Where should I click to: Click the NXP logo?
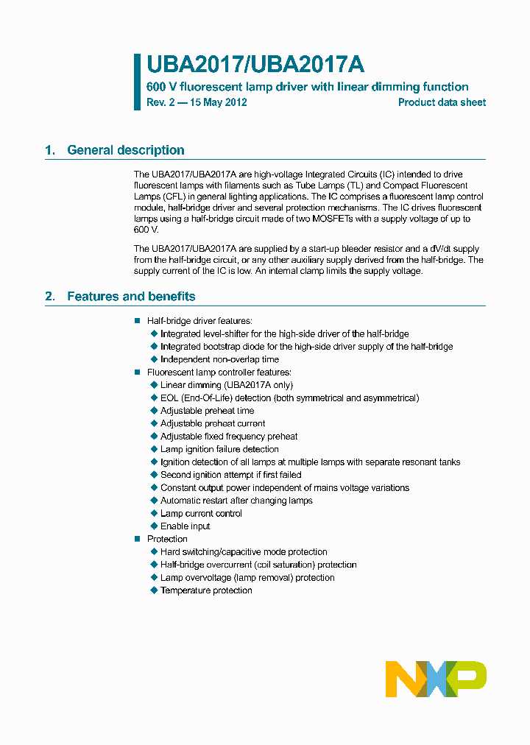436,679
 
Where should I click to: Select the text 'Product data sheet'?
442,102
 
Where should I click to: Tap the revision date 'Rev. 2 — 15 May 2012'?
197,102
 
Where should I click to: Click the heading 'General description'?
125,150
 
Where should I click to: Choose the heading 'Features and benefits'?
131,297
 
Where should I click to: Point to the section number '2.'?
50,297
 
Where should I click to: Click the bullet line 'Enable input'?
185,526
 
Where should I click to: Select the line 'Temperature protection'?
206,590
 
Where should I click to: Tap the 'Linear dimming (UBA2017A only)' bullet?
226,385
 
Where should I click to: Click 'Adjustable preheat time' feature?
207,411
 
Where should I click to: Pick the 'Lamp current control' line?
201,513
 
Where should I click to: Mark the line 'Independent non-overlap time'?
219,359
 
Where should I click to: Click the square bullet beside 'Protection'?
137,539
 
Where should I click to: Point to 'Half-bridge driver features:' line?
199,321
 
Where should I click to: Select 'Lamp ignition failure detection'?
219,449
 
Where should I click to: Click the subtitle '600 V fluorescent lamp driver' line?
307,87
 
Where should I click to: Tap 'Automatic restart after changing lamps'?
236,501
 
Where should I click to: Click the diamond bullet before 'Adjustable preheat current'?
154,423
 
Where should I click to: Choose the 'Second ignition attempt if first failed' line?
230,475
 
